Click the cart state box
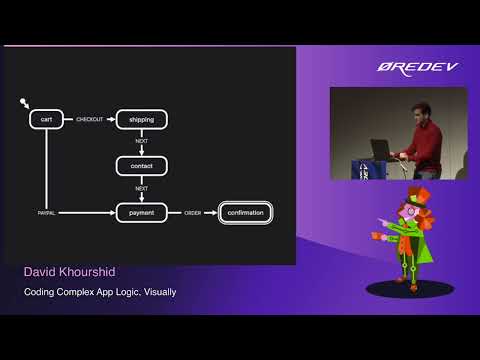point(47,119)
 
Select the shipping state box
point(142,119)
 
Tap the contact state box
point(142,165)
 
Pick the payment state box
point(142,212)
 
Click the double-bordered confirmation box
point(245,212)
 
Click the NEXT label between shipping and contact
point(142,141)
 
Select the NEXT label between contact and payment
point(142,188)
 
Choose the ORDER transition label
point(192,213)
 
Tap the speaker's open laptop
point(380,148)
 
